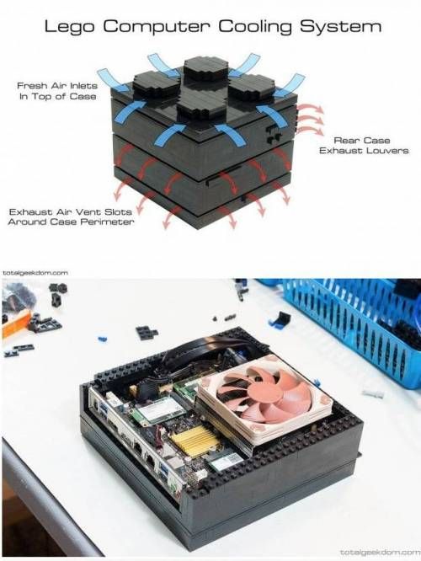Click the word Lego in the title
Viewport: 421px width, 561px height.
point(69,27)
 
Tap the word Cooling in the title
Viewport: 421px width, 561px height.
point(254,27)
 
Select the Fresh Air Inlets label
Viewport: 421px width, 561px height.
point(57,91)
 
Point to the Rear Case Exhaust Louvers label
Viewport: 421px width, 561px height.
point(364,145)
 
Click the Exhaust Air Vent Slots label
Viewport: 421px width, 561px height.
point(71,216)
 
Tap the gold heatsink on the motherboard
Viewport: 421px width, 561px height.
point(195,441)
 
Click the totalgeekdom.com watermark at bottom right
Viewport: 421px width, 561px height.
point(380,552)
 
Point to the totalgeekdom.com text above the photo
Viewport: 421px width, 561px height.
point(35,273)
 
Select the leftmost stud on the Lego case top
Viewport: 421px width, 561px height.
point(157,85)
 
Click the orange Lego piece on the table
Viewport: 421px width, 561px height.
point(14,324)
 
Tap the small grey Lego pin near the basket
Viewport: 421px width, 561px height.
point(374,393)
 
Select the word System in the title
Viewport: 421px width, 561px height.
point(340,27)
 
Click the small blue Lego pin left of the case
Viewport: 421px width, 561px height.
point(103,338)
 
